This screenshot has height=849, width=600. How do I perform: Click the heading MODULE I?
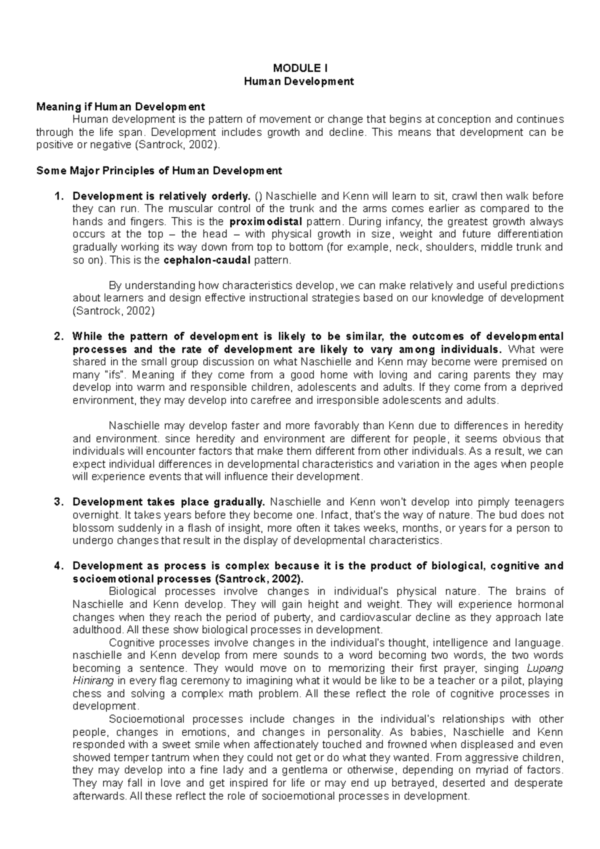(x=299, y=68)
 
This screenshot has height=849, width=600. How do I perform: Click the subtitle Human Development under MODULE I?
(x=299, y=81)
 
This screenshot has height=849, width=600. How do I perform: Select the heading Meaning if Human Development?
(x=120, y=107)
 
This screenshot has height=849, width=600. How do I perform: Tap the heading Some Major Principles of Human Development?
(x=159, y=171)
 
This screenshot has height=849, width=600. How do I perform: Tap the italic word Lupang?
(x=545, y=668)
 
